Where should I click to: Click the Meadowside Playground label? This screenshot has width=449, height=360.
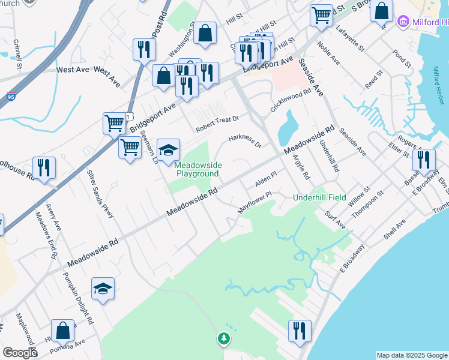[197, 169]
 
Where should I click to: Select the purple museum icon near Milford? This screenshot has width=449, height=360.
[402, 23]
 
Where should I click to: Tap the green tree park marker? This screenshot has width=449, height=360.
[223, 340]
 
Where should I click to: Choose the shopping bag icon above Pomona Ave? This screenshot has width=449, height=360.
[63, 331]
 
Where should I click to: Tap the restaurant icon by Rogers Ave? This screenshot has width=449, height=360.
[424, 160]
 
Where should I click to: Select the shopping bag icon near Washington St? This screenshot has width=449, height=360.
[205, 34]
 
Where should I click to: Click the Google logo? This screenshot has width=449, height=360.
[20, 353]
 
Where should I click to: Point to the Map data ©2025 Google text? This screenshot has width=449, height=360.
[412, 355]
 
